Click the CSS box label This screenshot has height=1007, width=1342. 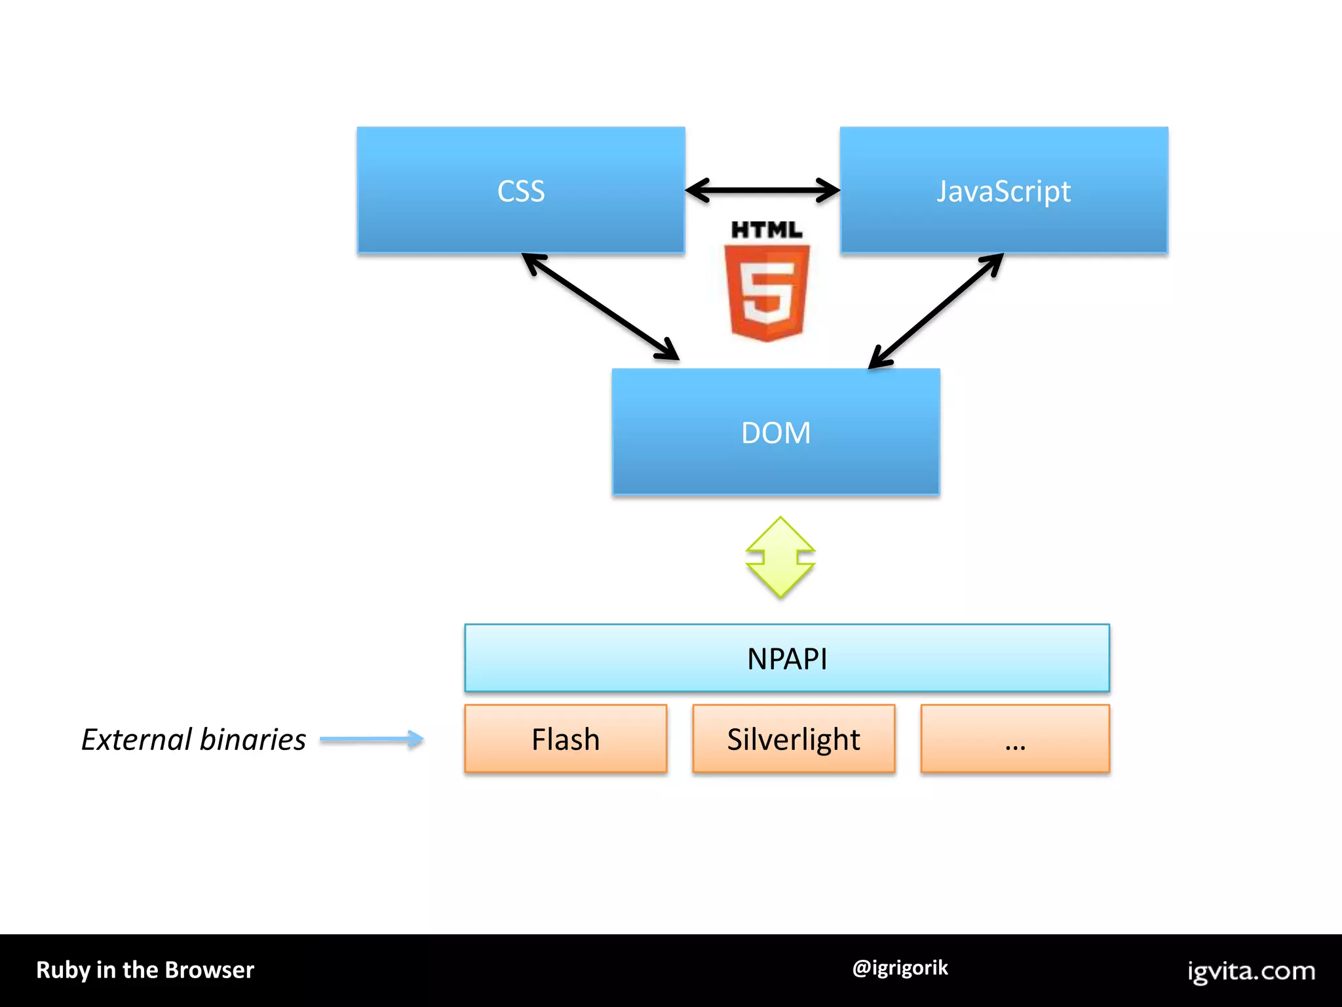[x=521, y=191]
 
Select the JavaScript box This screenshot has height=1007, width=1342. [x=1003, y=190]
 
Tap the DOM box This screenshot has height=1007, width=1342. [x=776, y=433]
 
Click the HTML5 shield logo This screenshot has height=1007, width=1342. [x=767, y=292]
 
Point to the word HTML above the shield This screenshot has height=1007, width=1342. [x=766, y=230]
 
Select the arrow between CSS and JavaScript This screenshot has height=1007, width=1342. [x=762, y=191]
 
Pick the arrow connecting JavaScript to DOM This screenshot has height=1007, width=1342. [x=936, y=311]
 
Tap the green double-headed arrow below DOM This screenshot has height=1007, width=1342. [x=780, y=557]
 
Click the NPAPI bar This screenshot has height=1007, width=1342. [x=786, y=658]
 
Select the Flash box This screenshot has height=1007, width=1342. [x=566, y=739]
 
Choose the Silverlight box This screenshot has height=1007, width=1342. [x=794, y=739]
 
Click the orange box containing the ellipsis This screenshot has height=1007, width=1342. [x=1015, y=739]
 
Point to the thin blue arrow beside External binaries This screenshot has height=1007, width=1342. [x=372, y=740]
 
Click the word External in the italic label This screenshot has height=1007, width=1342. [x=136, y=740]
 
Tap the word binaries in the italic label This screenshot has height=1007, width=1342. [x=253, y=740]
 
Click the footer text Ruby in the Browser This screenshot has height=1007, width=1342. [x=145, y=970]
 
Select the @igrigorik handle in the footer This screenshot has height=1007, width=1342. [x=900, y=968]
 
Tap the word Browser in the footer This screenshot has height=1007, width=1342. [x=210, y=970]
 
